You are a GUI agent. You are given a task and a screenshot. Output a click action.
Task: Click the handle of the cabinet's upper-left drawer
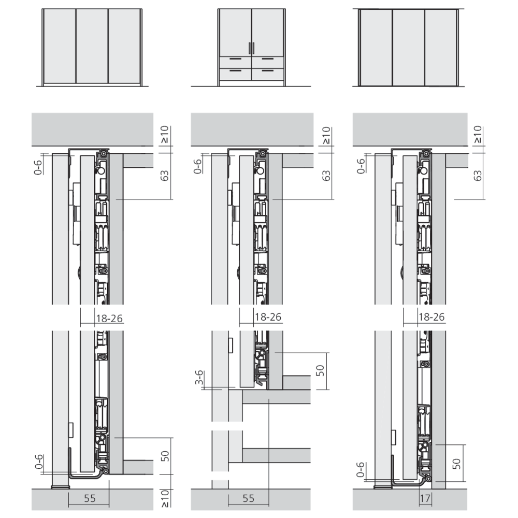[235, 59]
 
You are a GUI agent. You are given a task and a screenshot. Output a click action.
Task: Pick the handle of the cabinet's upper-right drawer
[268, 59]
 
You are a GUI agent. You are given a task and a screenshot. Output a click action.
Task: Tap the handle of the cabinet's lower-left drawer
[235, 70]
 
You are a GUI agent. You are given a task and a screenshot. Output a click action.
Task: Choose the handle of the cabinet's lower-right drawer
[268, 70]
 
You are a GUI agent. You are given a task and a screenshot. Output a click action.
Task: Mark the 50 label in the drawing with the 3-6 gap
[320, 370]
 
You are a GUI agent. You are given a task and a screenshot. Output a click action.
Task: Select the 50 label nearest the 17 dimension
[455, 463]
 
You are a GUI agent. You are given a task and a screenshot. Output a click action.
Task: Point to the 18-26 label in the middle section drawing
[268, 318]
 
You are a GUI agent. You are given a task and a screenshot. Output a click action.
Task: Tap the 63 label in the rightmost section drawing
[478, 176]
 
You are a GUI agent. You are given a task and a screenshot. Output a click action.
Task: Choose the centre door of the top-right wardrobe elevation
[408, 47]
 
